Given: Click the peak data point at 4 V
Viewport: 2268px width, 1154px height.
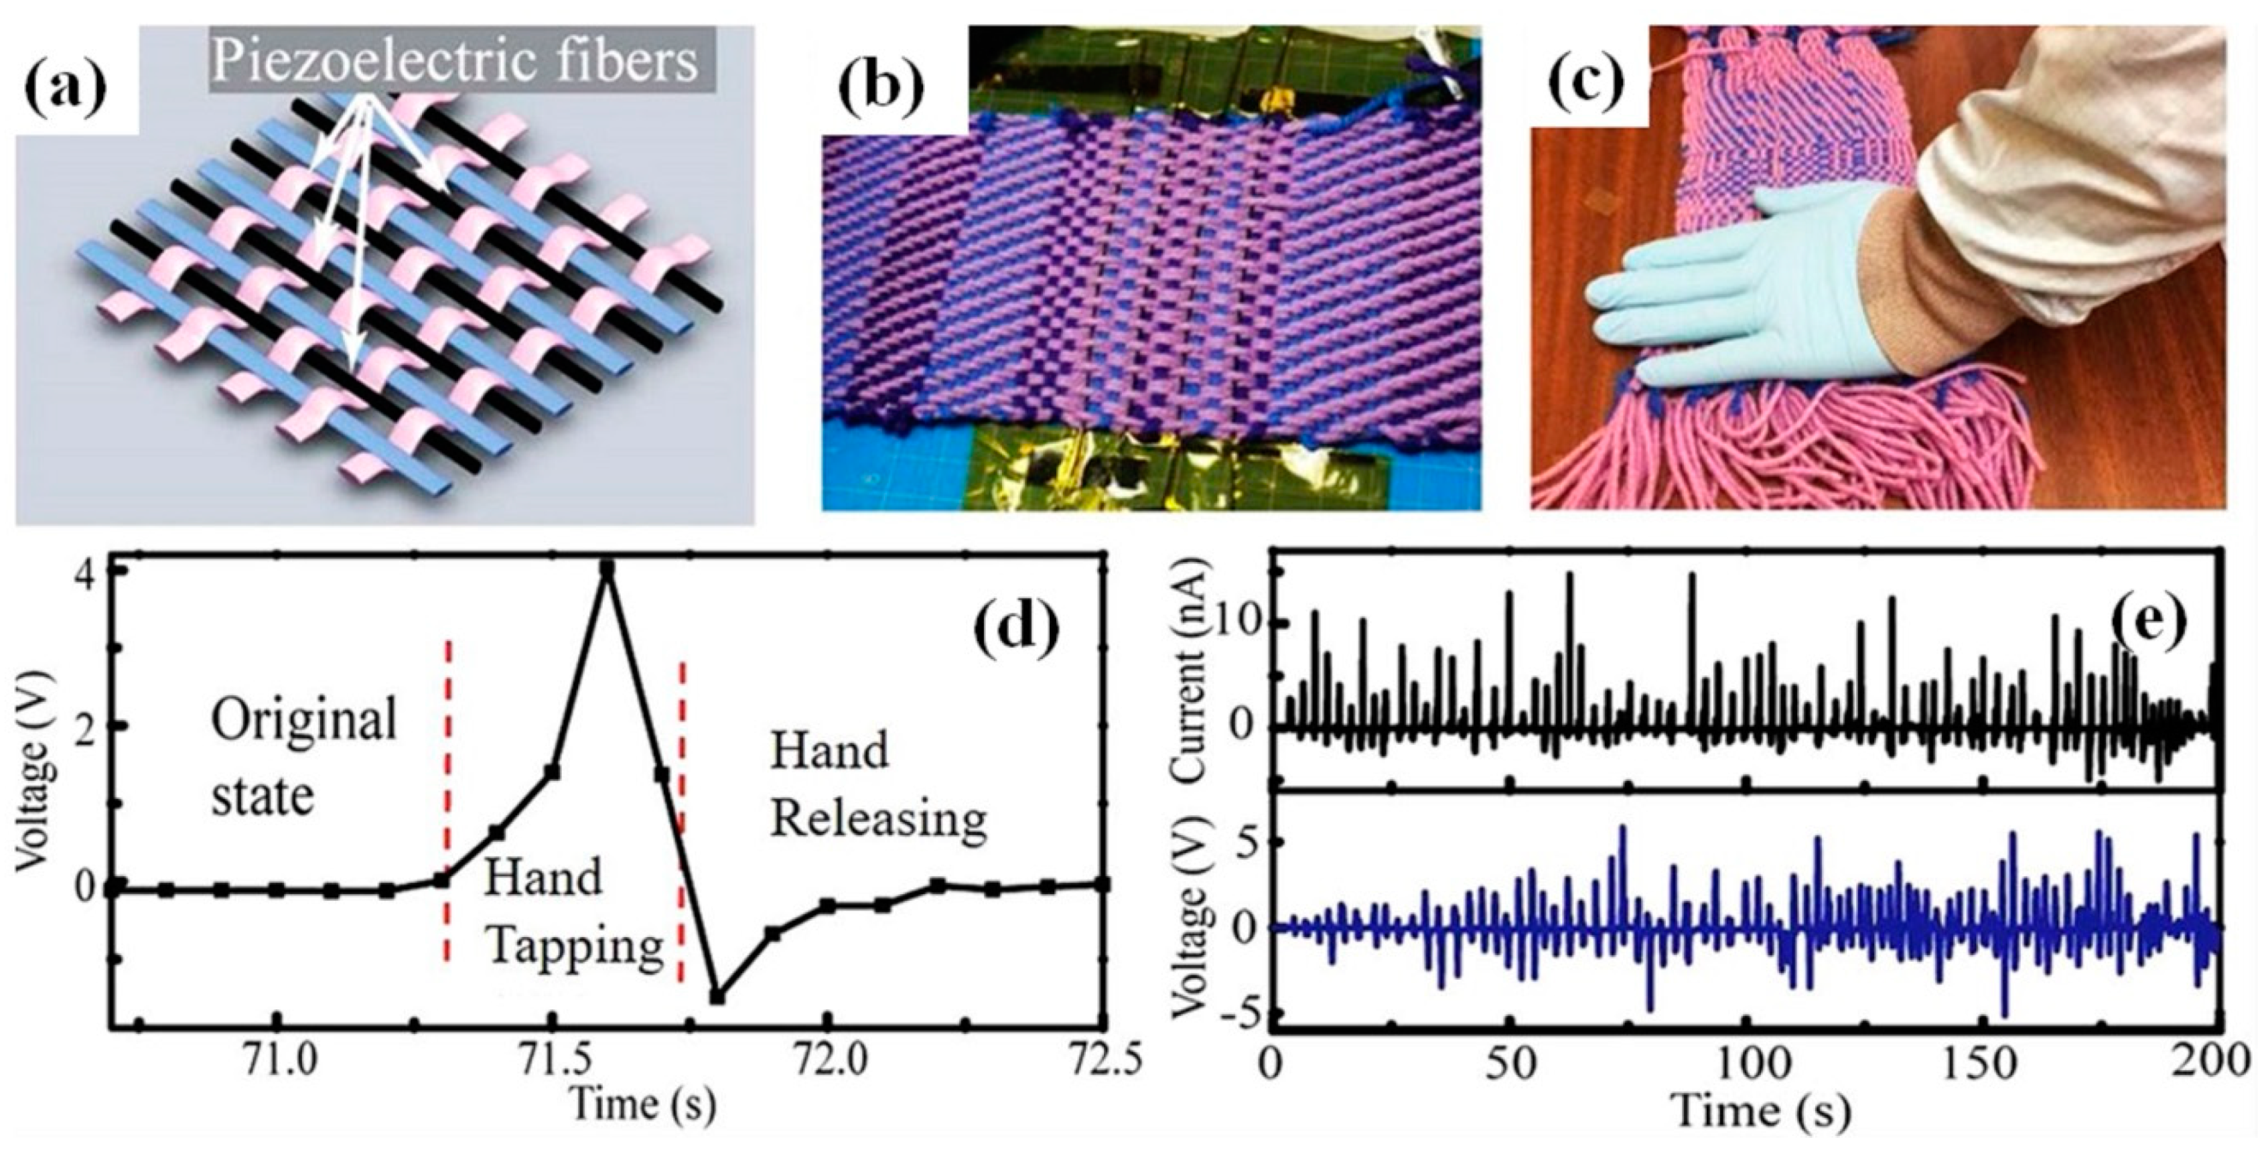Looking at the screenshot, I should click(x=606, y=568).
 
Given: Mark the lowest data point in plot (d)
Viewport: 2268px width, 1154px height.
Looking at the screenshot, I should click(x=717, y=997).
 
